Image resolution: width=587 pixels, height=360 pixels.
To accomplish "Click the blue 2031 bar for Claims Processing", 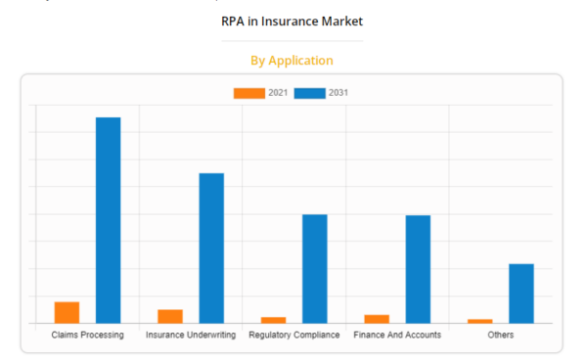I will (108, 220).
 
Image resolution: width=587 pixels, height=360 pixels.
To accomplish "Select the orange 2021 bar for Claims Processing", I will (67, 312).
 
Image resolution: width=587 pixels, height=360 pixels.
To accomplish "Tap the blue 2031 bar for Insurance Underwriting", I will (211, 247).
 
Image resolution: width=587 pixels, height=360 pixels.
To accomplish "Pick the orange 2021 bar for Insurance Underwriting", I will (170, 316).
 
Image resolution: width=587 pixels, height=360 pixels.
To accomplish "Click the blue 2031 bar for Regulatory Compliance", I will (314, 268).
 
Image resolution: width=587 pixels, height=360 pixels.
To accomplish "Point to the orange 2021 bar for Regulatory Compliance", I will (274, 320).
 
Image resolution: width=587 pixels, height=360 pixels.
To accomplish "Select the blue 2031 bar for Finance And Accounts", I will (418, 269).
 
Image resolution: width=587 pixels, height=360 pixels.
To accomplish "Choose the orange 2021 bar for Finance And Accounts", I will (377, 319).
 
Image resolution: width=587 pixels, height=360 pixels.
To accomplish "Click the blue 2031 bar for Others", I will (521, 292).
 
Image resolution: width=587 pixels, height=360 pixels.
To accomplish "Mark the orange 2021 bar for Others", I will (480, 321).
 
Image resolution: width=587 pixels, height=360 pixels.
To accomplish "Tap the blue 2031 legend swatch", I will (310, 93).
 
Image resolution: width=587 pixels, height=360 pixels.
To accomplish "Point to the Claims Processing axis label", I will (88, 335).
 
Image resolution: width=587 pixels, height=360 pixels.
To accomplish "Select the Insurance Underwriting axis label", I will (191, 335).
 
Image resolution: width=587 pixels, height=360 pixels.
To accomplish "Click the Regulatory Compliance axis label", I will (294, 335).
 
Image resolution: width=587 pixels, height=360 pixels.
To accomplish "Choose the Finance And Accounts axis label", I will (397, 335).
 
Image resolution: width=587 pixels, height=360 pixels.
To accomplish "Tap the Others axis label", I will (501, 335).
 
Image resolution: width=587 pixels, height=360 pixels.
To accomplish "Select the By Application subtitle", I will (293, 61).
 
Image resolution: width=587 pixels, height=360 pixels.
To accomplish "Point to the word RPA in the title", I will (234, 20).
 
